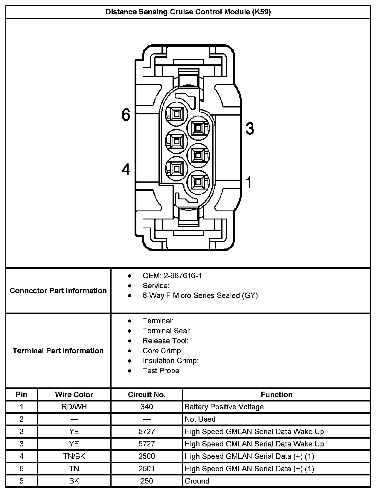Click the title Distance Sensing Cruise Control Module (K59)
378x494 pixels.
(188, 12)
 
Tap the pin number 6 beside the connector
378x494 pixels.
(126, 114)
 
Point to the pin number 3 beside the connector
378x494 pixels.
(250, 128)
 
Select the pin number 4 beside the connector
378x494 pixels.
(126, 169)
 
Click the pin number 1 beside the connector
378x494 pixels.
(249, 183)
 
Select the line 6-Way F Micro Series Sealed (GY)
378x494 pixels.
(200, 296)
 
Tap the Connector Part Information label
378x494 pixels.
(58, 290)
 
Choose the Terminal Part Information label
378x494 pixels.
(58, 351)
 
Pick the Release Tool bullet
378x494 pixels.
(165, 341)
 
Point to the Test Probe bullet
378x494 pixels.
(161, 371)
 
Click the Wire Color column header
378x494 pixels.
(74, 395)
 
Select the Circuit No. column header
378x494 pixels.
(147, 395)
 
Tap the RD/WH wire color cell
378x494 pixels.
(74, 407)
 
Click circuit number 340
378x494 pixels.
(147, 407)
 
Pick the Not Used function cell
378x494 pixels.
(200, 419)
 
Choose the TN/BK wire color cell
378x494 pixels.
(74, 456)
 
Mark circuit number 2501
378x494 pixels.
(147, 469)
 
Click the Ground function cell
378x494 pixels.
(197, 481)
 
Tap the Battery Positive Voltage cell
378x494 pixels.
(224, 407)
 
